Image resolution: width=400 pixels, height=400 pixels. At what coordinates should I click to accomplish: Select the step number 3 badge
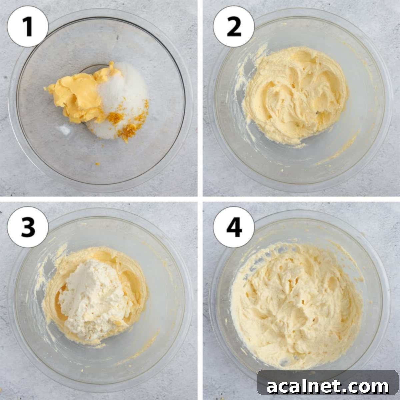28,227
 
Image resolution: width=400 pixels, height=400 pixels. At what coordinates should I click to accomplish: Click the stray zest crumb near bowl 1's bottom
97,164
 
